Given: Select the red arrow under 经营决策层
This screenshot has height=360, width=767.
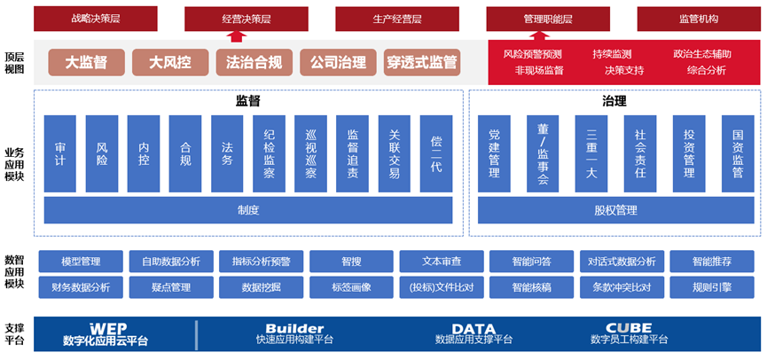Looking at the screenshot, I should point(236,35).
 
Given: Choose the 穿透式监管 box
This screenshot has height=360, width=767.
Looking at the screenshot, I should point(422,62).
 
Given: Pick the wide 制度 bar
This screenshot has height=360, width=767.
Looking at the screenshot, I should point(247,210).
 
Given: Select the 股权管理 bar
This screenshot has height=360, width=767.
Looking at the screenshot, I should point(615,210).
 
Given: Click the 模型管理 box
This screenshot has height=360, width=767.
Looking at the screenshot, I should point(81,262).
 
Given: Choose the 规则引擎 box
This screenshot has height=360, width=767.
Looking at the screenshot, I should point(712,287).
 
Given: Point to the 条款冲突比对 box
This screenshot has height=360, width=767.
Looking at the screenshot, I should point(622,287).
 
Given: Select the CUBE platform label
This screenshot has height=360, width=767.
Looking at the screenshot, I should point(629,328).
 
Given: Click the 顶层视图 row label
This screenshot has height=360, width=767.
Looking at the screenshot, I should point(15,62).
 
